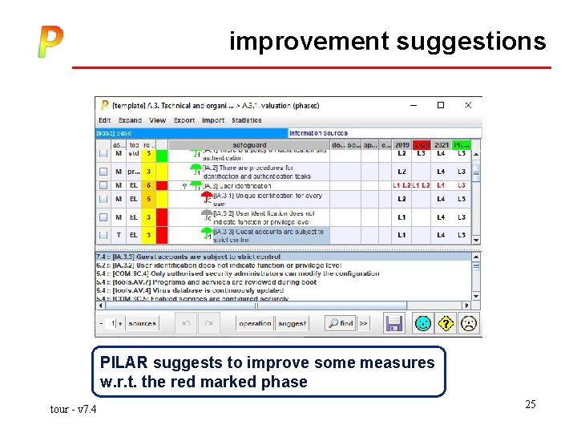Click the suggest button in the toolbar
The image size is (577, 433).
[x=292, y=323]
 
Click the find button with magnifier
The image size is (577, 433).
[x=341, y=323]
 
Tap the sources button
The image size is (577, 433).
[x=142, y=323]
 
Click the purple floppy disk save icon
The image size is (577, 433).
[x=394, y=323]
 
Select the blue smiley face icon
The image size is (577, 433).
[x=422, y=323]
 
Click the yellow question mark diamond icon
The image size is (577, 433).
[x=446, y=323]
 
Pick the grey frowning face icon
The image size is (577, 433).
[x=469, y=323]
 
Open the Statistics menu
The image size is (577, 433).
[x=246, y=120]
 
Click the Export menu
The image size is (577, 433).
[x=184, y=120]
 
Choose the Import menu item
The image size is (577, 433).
[x=213, y=120]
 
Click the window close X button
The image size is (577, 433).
[x=468, y=105]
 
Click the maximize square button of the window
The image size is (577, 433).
[x=440, y=105]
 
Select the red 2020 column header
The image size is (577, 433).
[x=422, y=145]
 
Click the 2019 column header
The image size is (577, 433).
[x=401, y=145]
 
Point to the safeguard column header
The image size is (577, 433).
[x=249, y=145]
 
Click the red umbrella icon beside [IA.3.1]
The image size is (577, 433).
[x=207, y=196]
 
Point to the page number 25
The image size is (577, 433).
[x=531, y=404]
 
